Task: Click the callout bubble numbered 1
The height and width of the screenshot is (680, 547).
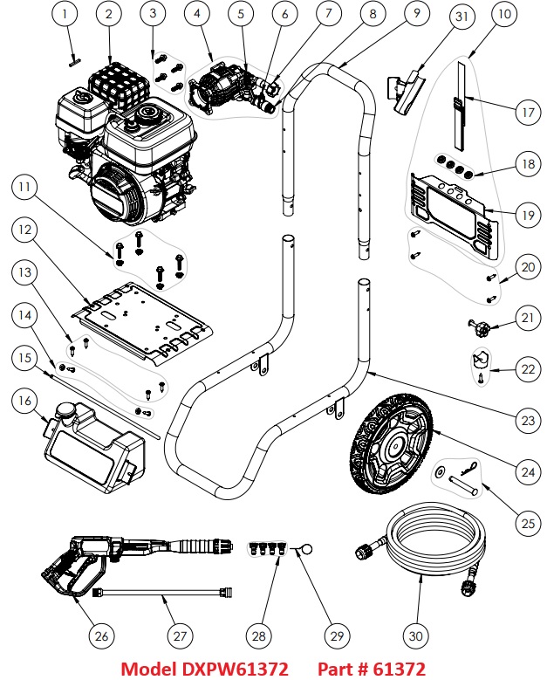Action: click(69, 13)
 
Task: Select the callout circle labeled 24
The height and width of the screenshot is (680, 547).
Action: click(525, 471)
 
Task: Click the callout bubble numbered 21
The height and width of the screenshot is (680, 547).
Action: click(525, 319)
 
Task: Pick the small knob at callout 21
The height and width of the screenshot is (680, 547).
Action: click(479, 331)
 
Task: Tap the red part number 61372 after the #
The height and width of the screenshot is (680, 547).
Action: click(397, 669)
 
